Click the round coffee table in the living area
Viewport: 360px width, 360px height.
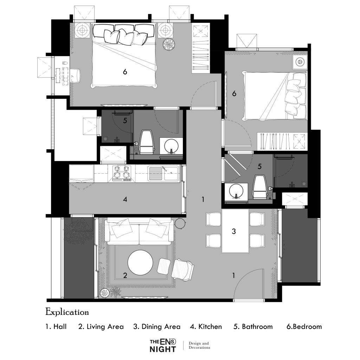140,262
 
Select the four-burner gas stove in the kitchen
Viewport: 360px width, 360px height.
122,174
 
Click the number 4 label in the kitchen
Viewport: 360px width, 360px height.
125,199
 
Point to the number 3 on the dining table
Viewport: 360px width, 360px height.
234,231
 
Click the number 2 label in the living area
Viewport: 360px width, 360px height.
125,275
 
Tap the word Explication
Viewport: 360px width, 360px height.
67,312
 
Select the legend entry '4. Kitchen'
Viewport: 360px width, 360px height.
206,327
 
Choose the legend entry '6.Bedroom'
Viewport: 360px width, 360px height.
304,327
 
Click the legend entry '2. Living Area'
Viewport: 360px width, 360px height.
101,327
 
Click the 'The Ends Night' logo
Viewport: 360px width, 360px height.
163,346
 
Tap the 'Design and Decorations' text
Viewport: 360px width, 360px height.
199,346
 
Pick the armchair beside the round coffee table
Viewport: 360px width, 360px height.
183,270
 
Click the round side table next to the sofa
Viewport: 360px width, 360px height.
180,223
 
